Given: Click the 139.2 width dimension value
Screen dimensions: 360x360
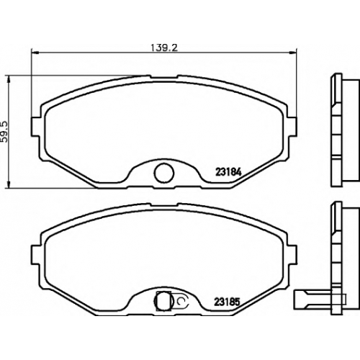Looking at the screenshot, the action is click(x=164, y=48).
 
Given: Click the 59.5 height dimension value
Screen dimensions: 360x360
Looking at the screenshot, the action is click(x=5, y=132).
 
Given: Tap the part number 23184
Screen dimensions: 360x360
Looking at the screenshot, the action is click(x=228, y=173).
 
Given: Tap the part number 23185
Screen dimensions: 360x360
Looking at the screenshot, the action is click(x=227, y=302).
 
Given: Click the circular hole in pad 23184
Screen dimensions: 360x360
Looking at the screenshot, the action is click(x=164, y=173).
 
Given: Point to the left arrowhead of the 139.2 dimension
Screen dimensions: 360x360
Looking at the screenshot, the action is click(x=35, y=52).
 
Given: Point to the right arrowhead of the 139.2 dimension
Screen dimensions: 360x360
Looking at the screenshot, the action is click(x=293, y=52).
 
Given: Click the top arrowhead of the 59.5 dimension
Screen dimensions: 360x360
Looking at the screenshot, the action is click(x=9, y=79).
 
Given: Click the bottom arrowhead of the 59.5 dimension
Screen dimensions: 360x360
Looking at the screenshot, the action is click(x=9, y=184).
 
